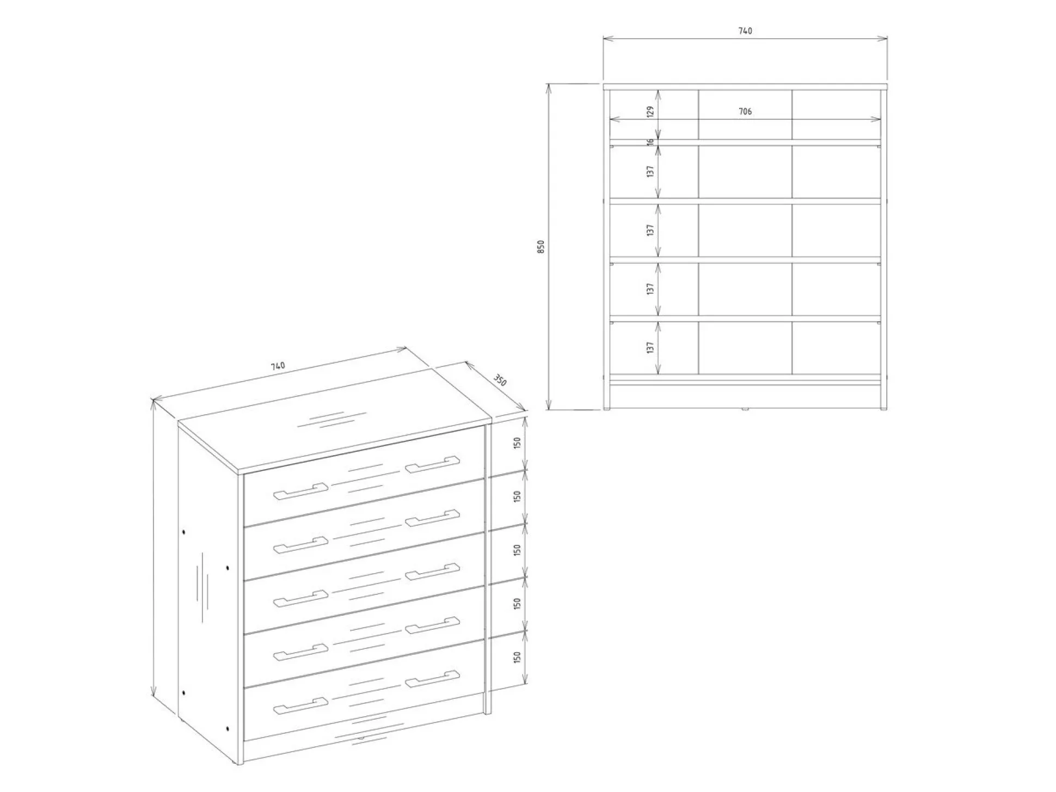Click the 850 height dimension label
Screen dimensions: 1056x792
541,247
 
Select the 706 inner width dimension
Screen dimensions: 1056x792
745,112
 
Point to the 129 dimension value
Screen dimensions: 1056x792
650,112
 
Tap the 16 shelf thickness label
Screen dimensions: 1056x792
650,142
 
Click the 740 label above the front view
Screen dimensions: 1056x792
745,31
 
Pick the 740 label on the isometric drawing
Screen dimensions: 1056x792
278,366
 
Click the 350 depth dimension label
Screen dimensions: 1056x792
500,380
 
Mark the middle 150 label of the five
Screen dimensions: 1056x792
517,550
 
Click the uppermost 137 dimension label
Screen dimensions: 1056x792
650,171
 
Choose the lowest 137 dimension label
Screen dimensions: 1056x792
650,347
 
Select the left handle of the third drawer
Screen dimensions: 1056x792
300,598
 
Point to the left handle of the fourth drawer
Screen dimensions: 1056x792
300,652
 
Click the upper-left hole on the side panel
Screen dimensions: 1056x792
185,531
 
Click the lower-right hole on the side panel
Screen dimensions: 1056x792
227,728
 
